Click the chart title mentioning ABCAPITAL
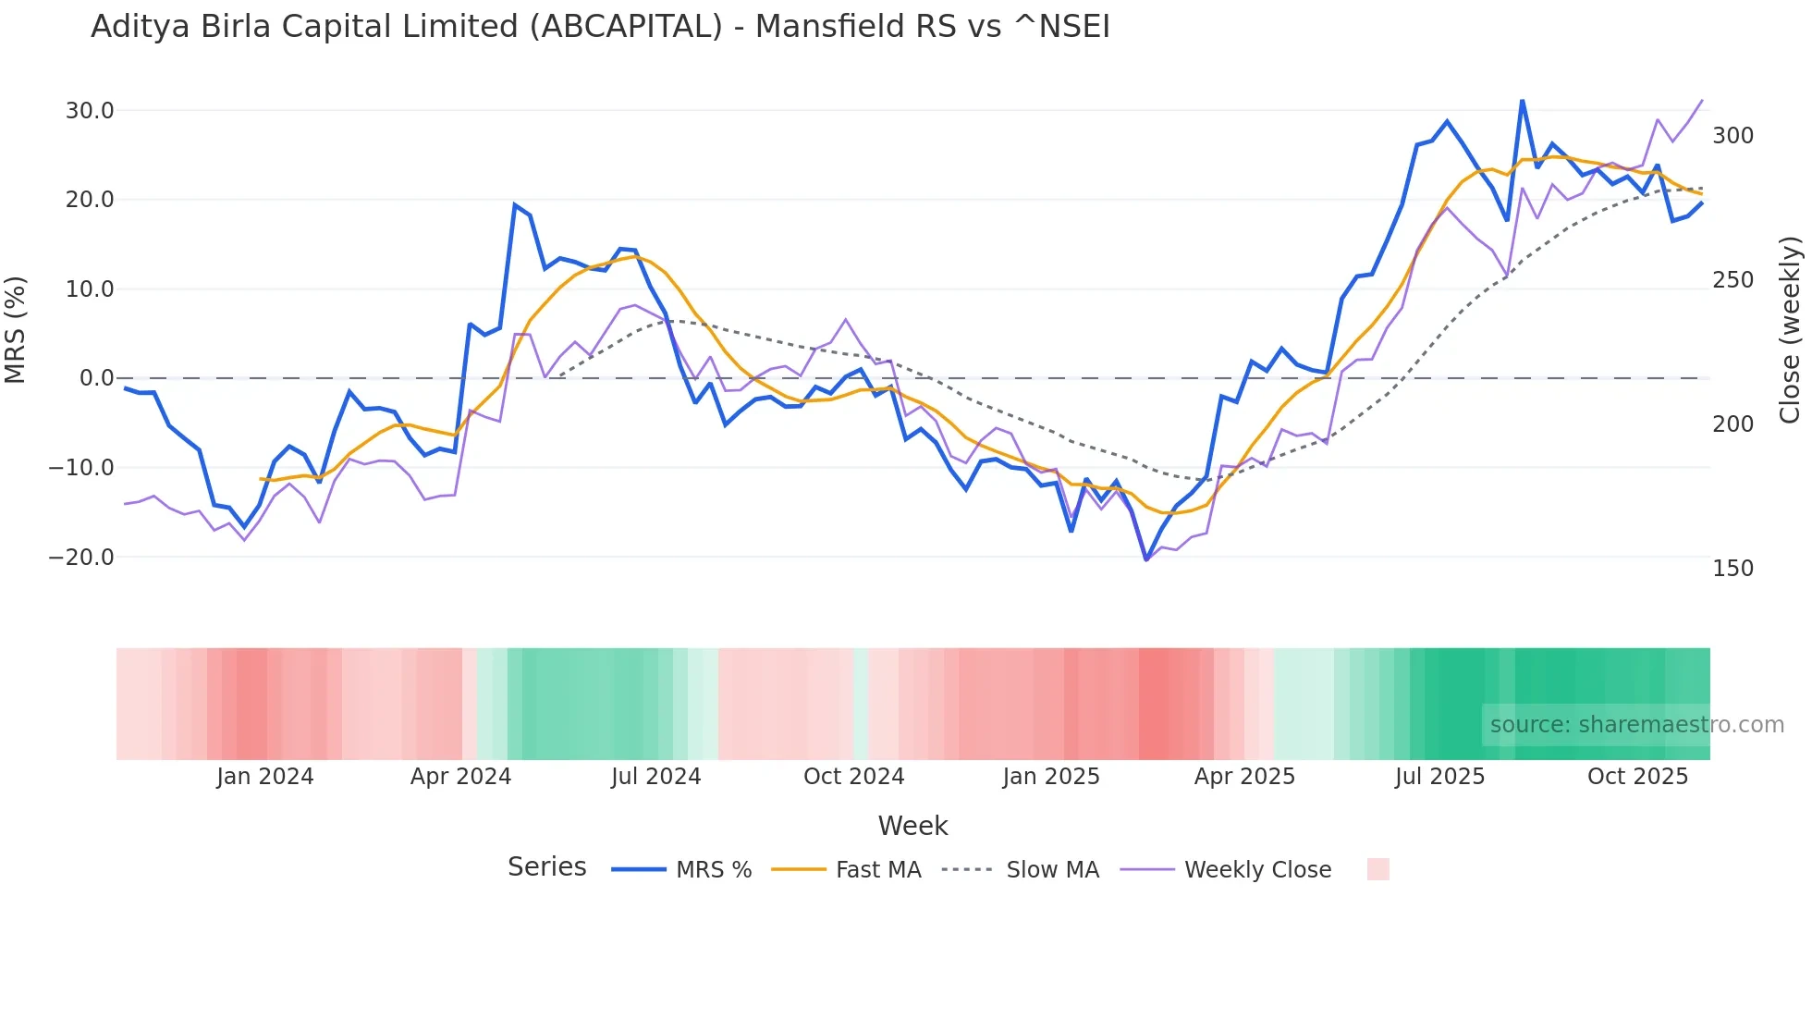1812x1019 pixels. pyautogui.click(x=600, y=27)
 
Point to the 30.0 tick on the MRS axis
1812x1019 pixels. pyautogui.click(x=90, y=111)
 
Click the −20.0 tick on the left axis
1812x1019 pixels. pyautogui.click(x=81, y=558)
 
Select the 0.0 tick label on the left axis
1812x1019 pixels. pyautogui.click(x=96, y=378)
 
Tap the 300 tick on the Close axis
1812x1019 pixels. pyautogui.click(x=1732, y=136)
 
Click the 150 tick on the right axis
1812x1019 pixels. pyautogui.click(x=1732, y=569)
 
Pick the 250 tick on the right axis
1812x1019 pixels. pyautogui.click(x=1732, y=280)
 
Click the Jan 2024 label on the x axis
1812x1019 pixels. pyautogui.click(x=265, y=777)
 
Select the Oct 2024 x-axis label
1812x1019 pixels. pyautogui.click(x=853, y=777)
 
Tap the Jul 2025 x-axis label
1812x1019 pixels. pyautogui.click(x=1439, y=777)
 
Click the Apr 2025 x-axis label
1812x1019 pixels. pyautogui.click(x=1244, y=777)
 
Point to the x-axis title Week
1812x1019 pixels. pyautogui.click(x=912, y=826)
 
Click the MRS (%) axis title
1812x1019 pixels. pyautogui.click(x=16, y=329)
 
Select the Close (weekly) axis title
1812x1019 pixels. pyautogui.click(x=1791, y=329)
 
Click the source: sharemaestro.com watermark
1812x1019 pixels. pyautogui.click(x=1636, y=725)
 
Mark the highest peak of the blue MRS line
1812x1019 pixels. pyautogui.click(x=1522, y=100)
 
